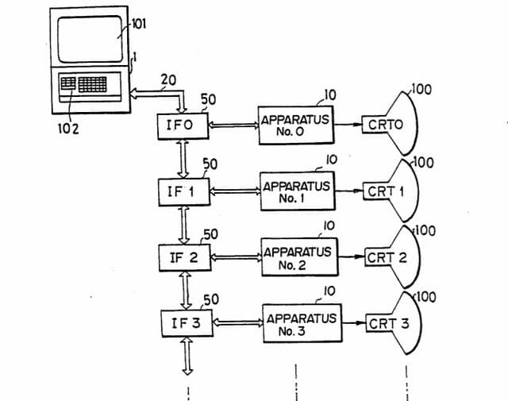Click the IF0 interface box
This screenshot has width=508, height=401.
click(x=183, y=126)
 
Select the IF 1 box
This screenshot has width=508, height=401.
click(x=184, y=192)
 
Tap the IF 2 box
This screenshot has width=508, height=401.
click(x=185, y=258)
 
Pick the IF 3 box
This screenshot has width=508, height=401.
click(x=187, y=323)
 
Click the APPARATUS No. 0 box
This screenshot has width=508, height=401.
click(x=296, y=125)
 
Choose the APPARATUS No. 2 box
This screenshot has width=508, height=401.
click(x=299, y=257)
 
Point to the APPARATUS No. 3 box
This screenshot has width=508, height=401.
click(x=302, y=323)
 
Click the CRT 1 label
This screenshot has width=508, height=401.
click(x=386, y=191)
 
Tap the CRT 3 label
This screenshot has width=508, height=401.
click(x=389, y=323)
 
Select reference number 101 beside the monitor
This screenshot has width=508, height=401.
click(x=138, y=24)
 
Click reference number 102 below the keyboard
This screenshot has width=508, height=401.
click(x=68, y=129)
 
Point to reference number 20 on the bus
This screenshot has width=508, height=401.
click(x=168, y=79)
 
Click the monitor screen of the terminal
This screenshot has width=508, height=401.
click(x=90, y=39)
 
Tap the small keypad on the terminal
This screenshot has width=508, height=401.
click(x=68, y=83)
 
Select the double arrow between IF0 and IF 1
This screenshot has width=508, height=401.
click(x=183, y=159)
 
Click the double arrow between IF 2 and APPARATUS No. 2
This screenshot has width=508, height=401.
click(x=236, y=257)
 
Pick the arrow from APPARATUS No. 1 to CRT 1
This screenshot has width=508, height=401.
click(x=349, y=191)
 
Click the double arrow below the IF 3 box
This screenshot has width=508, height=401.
click(x=187, y=356)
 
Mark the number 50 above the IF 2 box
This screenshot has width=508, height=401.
click(x=210, y=234)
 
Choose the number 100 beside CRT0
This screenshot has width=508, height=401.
click(x=421, y=90)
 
